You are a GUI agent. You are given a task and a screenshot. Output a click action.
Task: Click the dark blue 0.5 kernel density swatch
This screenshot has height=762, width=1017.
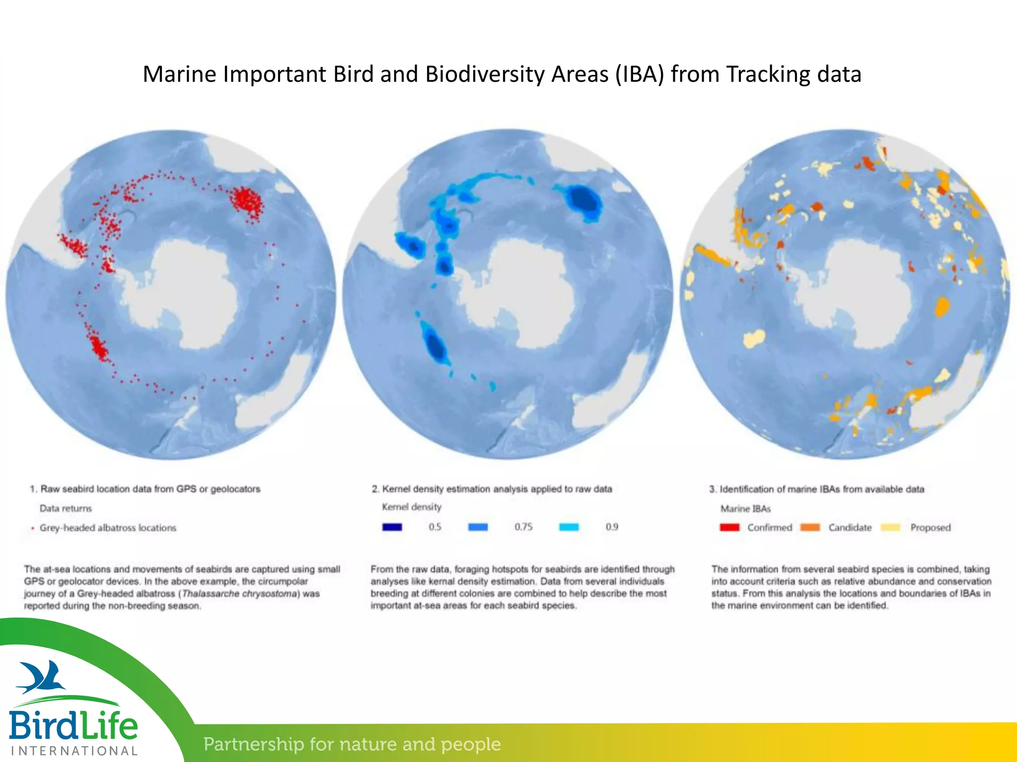(392, 527)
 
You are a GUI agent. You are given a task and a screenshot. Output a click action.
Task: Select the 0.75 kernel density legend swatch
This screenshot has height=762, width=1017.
(478, 527)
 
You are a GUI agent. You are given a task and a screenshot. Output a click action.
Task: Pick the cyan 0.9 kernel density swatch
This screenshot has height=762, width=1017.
(569, 527)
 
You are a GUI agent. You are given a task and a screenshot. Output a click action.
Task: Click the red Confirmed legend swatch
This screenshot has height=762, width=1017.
(729, 527)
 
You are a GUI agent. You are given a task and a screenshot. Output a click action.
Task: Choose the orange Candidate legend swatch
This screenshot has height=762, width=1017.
(810, 527)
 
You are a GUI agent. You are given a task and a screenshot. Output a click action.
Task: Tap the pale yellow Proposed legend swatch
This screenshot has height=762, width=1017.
(890, 527)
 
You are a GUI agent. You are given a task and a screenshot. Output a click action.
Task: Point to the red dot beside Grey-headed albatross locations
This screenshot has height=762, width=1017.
(33, 528)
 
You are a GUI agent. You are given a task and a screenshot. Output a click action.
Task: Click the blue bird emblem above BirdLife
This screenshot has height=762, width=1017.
(42, 677)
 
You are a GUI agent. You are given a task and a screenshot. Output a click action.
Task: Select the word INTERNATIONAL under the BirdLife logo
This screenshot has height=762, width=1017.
(74, 751)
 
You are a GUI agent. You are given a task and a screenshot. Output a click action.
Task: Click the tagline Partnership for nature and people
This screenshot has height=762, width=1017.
(352, 744)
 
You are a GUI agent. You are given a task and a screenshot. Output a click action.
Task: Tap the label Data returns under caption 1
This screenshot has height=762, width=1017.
(66, 508)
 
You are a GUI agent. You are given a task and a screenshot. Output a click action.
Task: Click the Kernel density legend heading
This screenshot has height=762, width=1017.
(411, 507)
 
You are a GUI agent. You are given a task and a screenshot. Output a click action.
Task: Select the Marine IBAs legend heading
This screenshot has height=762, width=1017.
(745, 508)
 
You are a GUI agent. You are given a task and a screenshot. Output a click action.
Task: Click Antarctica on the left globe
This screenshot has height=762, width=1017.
(189, 293)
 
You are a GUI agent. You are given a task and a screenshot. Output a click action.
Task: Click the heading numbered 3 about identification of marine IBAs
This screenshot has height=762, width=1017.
(816, 489)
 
